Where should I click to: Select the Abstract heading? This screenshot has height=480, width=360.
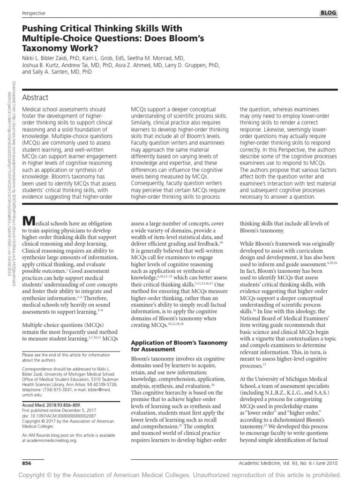click(35, 97)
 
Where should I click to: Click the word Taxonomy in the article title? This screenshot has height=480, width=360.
click(44, 47)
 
